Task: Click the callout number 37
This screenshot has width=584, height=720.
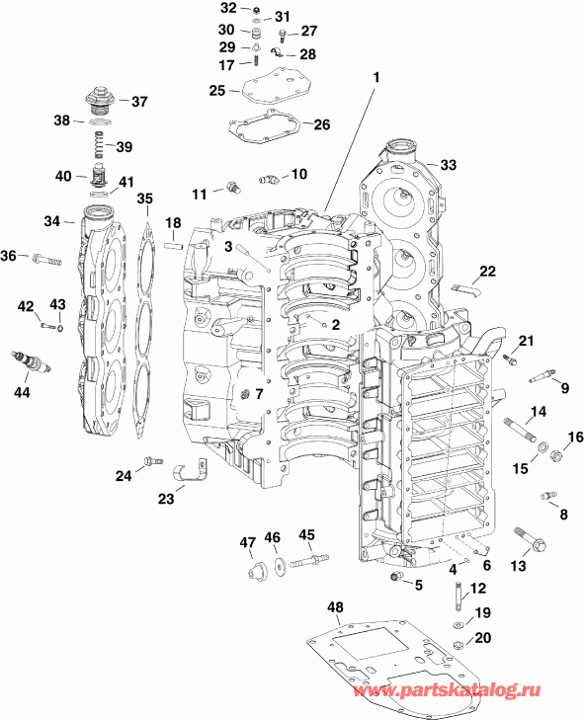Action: click(x=138, y=101)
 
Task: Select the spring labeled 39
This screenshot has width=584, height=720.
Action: click(x=99, y=146)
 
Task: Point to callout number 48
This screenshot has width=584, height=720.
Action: click(x=336, y=606)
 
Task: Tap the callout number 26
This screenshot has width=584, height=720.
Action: click(x=321, y=123)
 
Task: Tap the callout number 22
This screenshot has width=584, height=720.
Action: click(x=487, y=272)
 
